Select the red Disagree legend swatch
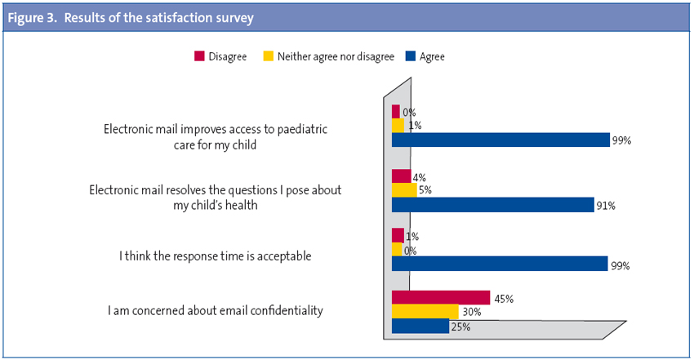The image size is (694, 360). click(198, 56)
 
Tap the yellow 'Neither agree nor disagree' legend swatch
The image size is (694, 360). click(267, 56)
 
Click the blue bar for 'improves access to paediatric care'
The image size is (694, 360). click(500, 140)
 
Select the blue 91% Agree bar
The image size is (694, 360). click(492, 205)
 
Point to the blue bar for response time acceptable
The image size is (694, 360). click(500, 264)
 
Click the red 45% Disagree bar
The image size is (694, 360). click(440, 298)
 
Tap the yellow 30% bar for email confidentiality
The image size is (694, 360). click(425, 312)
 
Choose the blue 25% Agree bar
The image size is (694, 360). click(420, 327)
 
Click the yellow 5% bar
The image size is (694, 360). click(404, 190)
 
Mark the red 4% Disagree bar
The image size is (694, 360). click(401, 176)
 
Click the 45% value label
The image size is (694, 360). click(503, 299)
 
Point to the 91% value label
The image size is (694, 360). click(605, 206)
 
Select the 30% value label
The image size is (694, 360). click(471, 313)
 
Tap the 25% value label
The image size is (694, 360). click(460, 327)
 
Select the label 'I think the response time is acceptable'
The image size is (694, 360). click(216, 256)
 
